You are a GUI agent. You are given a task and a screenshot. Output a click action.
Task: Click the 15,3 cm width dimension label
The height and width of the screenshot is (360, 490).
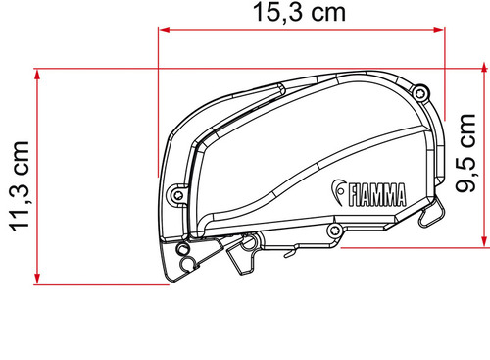(297, 15)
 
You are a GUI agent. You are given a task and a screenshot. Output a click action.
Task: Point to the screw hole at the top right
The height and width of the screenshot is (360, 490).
(419, 94)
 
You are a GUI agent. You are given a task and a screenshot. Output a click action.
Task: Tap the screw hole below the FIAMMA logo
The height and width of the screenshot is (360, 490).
(335, 231)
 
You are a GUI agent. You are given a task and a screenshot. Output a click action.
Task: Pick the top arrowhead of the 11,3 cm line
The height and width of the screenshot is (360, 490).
(37, 74)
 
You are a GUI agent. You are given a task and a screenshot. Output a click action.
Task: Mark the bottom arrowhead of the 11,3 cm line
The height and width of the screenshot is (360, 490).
(37, 279)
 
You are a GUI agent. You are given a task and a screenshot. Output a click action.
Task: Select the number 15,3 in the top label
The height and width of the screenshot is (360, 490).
(274, 15)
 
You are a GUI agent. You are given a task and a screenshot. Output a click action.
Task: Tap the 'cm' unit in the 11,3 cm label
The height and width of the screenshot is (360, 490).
(18, 162)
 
